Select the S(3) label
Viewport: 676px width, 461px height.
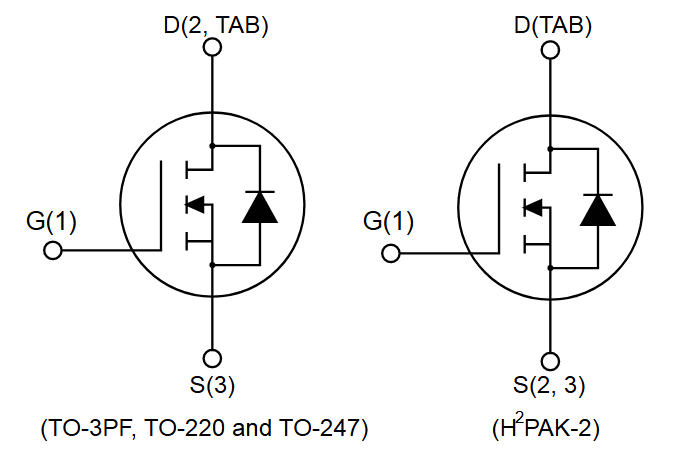212,385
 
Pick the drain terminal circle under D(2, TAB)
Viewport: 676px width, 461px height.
212,50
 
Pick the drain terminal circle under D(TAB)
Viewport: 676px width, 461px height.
550,50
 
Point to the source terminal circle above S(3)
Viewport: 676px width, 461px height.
212,358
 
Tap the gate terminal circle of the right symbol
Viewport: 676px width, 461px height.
391,249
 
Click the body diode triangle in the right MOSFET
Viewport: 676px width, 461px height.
598,207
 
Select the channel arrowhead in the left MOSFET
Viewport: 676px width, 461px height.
196,206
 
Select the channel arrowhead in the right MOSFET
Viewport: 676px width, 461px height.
534,206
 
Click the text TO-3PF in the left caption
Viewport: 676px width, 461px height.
91,430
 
